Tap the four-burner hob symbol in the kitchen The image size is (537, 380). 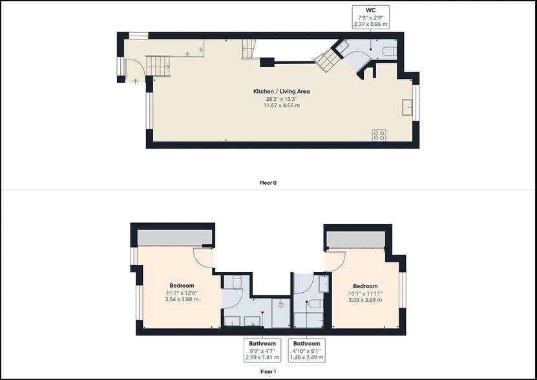click(379, 135)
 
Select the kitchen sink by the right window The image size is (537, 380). click(407, 107)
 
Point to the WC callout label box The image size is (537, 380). click(370, 17)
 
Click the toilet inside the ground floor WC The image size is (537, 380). click(388, 52)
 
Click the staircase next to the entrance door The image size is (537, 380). click(158, 65)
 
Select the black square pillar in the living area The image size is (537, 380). click(266, 63)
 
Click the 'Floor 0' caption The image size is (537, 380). click(268, 183)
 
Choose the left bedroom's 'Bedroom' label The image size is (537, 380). click(182, 286)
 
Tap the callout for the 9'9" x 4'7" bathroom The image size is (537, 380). click(262, 350)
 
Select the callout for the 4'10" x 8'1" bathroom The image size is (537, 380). click(306, 350)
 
